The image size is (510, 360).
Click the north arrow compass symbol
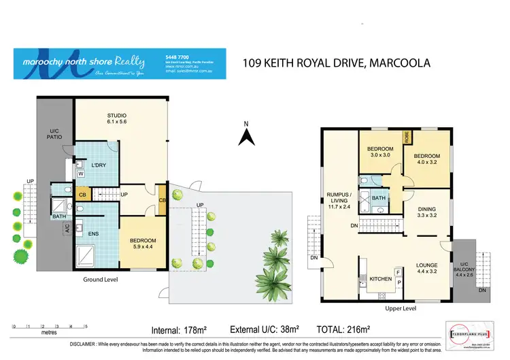click(247, 135)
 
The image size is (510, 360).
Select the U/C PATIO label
click(55, 133)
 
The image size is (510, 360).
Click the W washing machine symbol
click(80, 174)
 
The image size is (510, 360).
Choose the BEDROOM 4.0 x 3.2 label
click(428, 157)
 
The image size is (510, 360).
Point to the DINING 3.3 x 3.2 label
click(428, 212)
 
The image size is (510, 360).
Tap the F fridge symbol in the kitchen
click(398, 272)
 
